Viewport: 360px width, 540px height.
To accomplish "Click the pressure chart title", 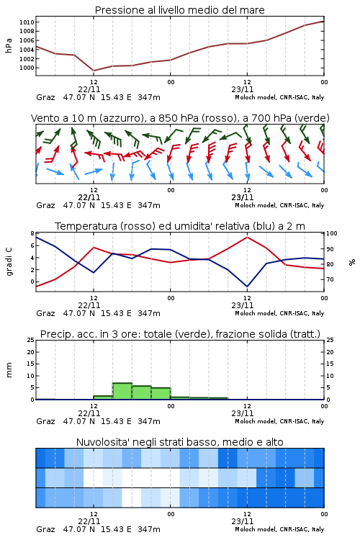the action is [x=179, y=10].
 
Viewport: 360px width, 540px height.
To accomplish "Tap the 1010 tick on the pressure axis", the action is [x=27, y=22].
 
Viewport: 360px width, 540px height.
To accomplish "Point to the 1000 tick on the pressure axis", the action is [x=27, y=68].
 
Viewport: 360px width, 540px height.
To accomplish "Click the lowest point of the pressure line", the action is [x=94, y=71].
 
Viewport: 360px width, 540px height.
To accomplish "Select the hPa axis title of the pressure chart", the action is [x=9, y=45].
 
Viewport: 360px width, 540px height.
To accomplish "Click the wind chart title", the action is [x=180, y=118].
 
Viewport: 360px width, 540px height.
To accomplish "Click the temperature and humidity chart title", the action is [x=180, y=226].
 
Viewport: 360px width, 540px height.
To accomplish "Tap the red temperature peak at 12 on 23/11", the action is [x=247, y=237].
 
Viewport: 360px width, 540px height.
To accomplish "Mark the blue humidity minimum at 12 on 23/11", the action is [x=247, y=287].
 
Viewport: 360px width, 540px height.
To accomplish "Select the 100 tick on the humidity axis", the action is [x=332, y=233].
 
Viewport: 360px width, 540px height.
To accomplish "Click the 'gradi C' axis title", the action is [x=9, y=261].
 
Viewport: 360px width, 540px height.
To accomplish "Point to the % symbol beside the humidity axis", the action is [x=352, y=262].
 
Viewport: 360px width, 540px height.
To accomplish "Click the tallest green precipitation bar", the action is [x=122, y=391].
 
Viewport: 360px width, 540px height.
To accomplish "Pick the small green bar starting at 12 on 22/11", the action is [x=104, y=397].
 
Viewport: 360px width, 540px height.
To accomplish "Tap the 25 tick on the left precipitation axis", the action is [x=31, y=340].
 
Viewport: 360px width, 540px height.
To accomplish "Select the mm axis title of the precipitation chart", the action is [x=9, y=369].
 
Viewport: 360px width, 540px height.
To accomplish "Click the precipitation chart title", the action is [x=180, y=334].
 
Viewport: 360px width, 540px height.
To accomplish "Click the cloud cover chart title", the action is [x=180, y=442].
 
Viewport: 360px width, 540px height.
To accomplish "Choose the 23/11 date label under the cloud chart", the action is [x=243, y=521].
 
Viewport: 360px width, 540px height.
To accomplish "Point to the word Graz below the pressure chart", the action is [x=45, y=97].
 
